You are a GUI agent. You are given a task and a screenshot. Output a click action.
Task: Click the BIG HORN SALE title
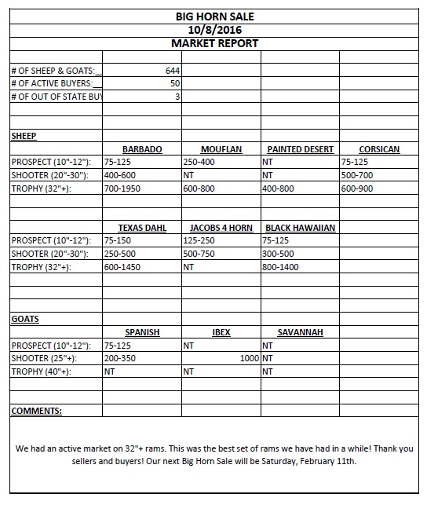214,16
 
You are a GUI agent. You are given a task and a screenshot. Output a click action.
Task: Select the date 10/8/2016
214,30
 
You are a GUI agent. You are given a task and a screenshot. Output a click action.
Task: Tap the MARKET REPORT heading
214,43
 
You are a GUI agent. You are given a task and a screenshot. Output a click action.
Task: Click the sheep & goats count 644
173,70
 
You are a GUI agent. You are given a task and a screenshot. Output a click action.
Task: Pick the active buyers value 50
175,83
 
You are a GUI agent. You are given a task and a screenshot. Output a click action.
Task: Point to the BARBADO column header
142,149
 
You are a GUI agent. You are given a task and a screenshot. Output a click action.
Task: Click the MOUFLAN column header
221,149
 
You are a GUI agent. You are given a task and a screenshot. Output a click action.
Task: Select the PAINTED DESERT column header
300,149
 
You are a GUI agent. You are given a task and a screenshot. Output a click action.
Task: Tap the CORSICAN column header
379,149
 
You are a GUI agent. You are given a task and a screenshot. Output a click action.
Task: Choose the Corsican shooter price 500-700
357,175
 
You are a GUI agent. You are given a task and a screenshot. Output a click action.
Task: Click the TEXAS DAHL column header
142,228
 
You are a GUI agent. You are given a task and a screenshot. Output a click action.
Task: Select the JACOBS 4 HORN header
221,228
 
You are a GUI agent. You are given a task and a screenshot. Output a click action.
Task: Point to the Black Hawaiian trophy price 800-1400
281,267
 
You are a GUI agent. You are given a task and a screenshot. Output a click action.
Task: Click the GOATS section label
25,320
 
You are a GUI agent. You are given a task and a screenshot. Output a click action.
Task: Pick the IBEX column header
221,332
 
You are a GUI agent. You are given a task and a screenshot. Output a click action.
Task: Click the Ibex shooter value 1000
250,358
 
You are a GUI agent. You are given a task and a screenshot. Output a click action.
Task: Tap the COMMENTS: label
37,411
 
